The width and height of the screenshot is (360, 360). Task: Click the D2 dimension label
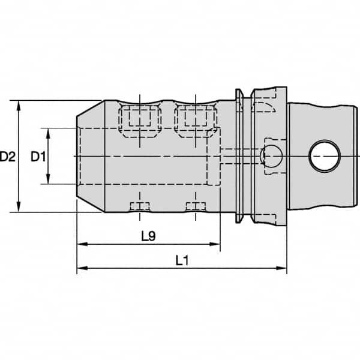click(x=8, y=157)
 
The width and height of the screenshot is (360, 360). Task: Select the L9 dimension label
click(x=148, y=236)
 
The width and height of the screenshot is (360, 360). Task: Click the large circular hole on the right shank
click(x=323, y=157)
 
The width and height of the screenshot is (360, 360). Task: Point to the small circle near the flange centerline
click(x=271, y=156)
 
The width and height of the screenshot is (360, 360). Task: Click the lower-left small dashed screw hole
click(x=140, y=206)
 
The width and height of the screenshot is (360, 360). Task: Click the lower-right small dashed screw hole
click(x=196, y=206)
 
